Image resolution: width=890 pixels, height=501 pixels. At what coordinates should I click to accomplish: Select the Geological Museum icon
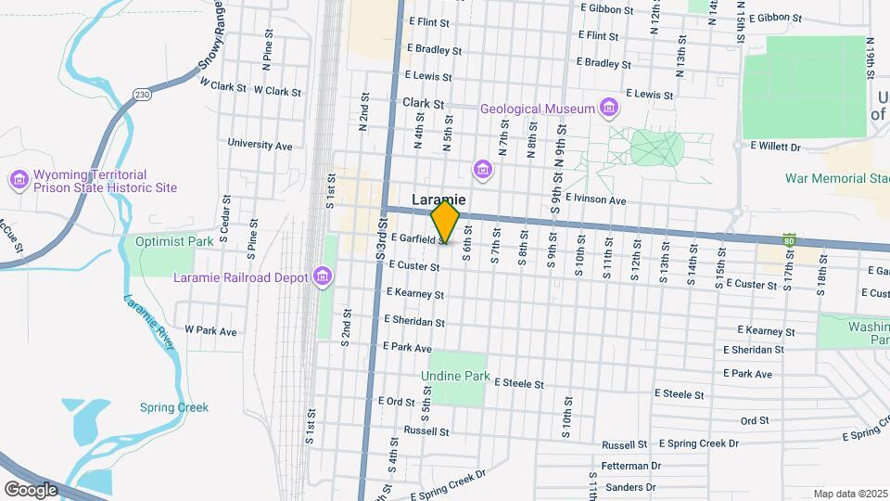pyautogui.click(x=609, y=109)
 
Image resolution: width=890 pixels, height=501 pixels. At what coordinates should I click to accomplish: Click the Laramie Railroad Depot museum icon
pyautogui.click(x=323, y=276)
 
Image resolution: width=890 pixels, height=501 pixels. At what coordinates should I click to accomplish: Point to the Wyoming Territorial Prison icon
pyautogui.click(x=18, y=179)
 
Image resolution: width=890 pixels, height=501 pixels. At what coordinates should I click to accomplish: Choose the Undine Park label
pyautogui.click(x=454, y=377)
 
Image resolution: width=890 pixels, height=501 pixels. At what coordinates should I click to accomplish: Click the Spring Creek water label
pyautogui.click(x=174, y=407)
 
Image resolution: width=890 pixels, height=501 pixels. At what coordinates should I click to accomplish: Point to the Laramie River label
pyautogui.click(x=150, y=320)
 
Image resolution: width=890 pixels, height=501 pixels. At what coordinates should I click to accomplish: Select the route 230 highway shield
pyautogui.click(x=141, y=95)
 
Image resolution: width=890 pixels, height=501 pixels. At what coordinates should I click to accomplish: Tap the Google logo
pyautogui.click(x=31, y=489)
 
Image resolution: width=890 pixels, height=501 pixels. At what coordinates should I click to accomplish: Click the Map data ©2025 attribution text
pyautogui.click(x=850, y=494)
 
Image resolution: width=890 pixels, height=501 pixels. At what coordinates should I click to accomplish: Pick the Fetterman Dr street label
pyautogui.click(x=629, y=466)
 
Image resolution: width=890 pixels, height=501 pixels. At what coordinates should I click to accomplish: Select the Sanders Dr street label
pyautogui.click(x=629, y=487)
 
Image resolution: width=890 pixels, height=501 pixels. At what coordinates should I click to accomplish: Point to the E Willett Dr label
pyautogui.click(x=775, y=146)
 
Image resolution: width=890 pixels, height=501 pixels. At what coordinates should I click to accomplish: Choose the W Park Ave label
pyautogui.click(x=210, y=330)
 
